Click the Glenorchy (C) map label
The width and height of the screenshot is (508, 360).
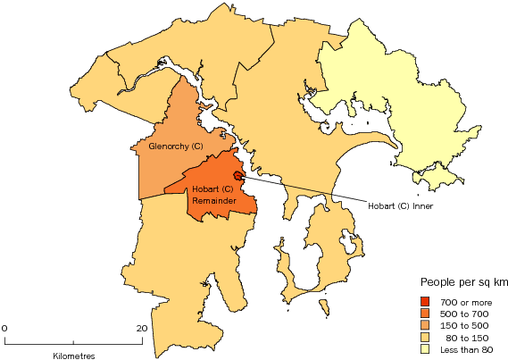[x=169, y=147]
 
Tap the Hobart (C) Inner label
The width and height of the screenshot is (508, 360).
[x=404, y=205]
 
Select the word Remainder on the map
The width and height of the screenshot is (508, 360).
[x=213, y=201]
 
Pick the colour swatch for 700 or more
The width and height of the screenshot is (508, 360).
[x=426, y=300]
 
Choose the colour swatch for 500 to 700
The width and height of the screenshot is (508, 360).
[x=426, y=314]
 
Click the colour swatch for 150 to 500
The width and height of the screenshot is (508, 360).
[x=426, y=326]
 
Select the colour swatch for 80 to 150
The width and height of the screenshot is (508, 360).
[x=426, y=339]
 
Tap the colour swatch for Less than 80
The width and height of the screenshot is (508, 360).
[x=426, y=351]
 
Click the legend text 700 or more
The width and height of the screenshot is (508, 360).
[x=462, y=301]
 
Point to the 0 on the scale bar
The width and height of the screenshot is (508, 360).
[x=4, y=328]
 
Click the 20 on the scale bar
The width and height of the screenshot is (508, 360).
[x=141, y=328]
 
